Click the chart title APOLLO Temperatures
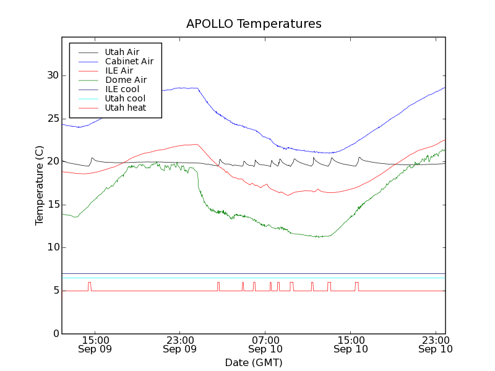click(x=254, y=24)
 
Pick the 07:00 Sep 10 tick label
click(x=265, y=344)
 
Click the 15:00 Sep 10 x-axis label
click(x=351, y=344)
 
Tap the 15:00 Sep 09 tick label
click(x=95, y=344)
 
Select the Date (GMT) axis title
click(x=254, y=362)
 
